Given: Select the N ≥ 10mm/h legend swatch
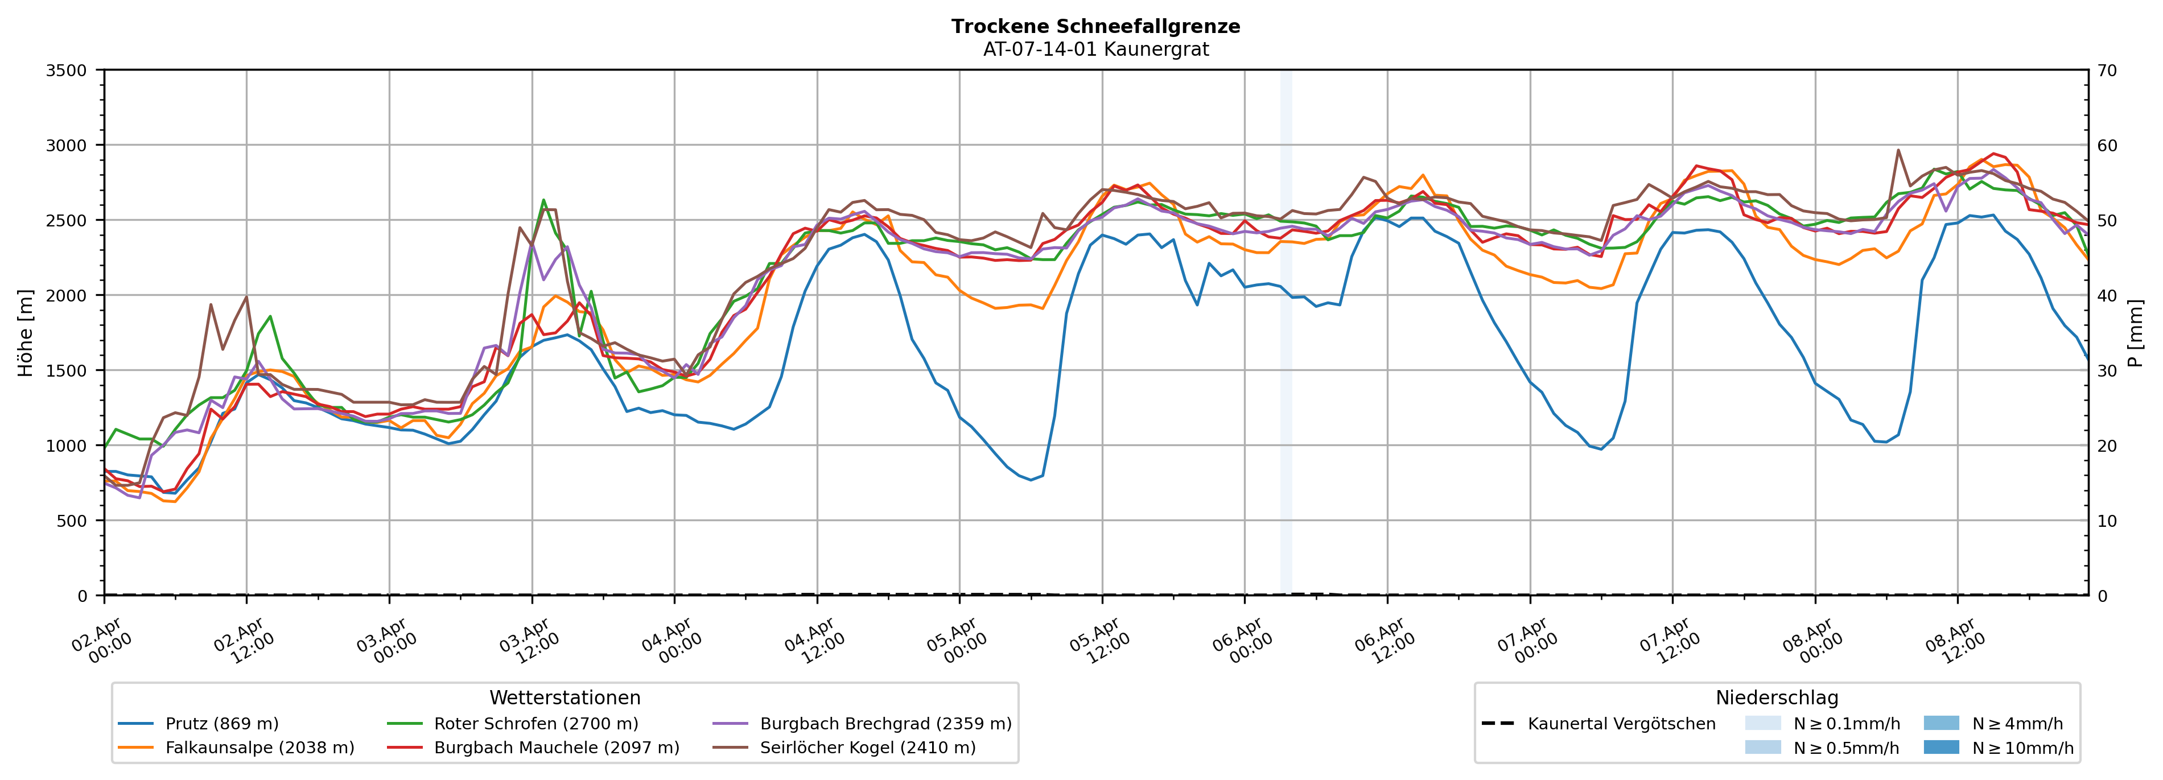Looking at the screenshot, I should [1940, 747].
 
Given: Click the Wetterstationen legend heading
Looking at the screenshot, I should [565, 698].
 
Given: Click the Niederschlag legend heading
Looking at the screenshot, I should [1777, 698].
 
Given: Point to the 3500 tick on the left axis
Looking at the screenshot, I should [67, 71].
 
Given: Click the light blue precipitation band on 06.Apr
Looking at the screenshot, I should [1286, 336].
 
